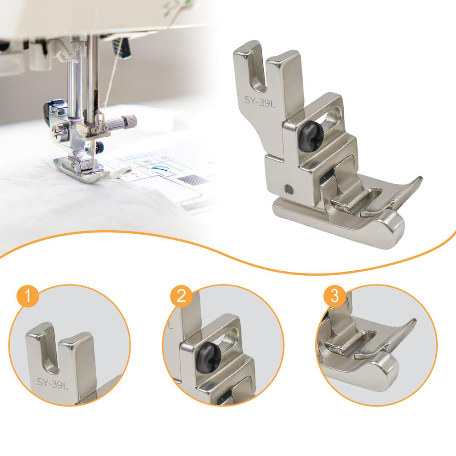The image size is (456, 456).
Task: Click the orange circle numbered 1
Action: tap(28, 296)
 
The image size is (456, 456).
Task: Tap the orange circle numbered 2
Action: tap(182, 296)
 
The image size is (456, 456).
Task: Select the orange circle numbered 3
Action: tap(335, 296)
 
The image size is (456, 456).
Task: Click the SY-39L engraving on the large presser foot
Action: tap(260, 102)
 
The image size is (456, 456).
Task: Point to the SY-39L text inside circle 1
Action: tap(53, 384)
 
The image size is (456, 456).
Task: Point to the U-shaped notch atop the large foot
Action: tap(258, 70)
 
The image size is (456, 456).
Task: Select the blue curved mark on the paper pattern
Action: tap(159, 169)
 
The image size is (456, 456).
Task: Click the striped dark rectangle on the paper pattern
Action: tap(188, 180)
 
